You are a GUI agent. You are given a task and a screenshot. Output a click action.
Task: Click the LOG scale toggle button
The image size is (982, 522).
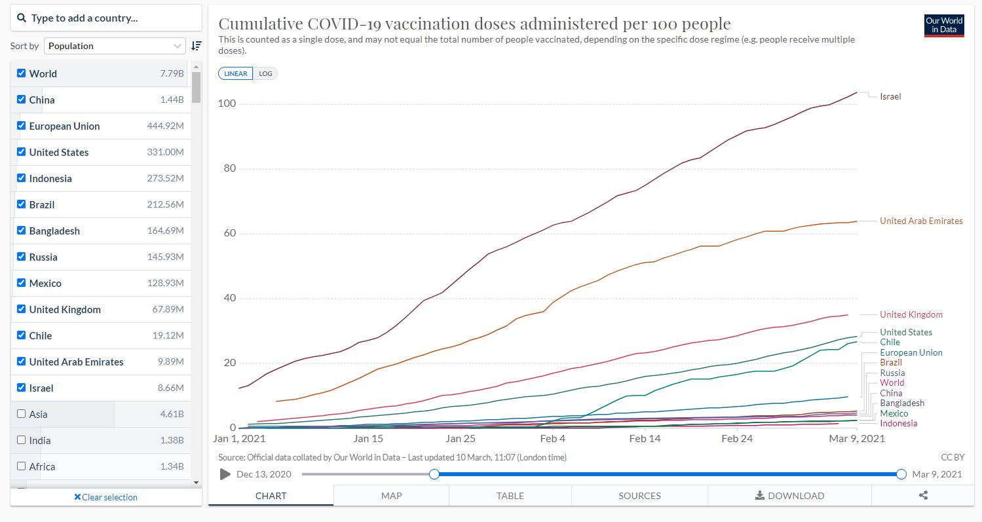[x=265, y=74]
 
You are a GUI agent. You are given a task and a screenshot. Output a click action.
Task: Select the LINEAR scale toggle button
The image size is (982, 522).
[x=236, y=74]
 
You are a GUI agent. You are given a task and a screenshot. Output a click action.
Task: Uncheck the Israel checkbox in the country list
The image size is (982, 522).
[x=22, y=388]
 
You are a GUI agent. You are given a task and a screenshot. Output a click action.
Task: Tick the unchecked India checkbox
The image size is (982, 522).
[x=22, y=440]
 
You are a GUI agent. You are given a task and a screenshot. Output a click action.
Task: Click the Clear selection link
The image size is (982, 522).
[x=105, y=497]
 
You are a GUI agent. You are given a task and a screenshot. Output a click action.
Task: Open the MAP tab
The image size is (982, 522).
[x=391, y=496]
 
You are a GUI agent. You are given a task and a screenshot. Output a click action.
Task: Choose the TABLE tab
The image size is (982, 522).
[x=510, y=496]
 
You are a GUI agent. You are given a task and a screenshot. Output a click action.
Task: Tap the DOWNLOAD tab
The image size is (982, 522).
[x=789, y=496]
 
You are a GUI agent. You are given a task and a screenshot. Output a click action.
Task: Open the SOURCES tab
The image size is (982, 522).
[x=639, y=496]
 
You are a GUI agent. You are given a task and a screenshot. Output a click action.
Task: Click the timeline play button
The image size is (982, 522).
[x=225, y=474]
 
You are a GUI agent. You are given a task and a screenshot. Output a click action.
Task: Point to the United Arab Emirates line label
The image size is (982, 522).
[x=921, y=221]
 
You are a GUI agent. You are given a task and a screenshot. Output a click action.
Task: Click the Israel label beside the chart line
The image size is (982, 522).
[x=890, y=97]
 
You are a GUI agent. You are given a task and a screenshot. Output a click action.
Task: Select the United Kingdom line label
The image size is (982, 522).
[x=911, y=315]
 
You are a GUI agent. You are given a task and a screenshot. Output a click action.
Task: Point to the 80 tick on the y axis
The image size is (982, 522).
[x=227, y=169]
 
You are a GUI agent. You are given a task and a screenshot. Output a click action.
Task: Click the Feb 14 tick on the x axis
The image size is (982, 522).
[x=645, y=439]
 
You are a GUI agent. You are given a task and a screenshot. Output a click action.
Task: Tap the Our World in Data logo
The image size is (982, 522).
[x=944, y=26]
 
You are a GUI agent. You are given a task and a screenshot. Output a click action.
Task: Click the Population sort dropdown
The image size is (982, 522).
[x=115, y=46]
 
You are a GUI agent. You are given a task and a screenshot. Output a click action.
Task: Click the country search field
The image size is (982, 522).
[x=106, y=18]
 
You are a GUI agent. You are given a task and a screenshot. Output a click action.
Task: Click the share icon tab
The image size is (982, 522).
[x=923, y=496]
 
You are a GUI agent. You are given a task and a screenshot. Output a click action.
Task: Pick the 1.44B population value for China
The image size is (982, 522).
[x=172, y=100]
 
